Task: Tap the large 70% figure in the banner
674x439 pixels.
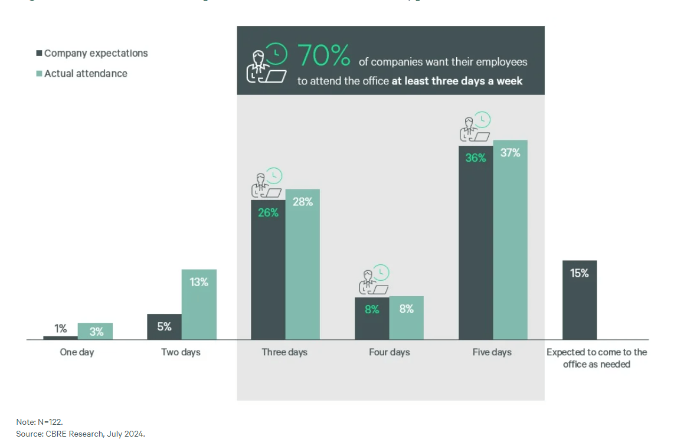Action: (x=324, y=56)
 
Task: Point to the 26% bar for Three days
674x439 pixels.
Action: (x=267, y=270)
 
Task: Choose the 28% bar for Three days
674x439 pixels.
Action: (x=302, y=264)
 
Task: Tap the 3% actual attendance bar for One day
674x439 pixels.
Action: (x=95, y=332)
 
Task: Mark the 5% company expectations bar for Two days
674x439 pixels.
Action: (x=164, y=327)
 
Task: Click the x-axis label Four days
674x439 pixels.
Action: (x=389, y=352)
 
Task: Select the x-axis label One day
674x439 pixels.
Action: (x=77, y=352)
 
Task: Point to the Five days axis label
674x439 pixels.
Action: (x=492, y=352)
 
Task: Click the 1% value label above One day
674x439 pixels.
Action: (x=61, y=329)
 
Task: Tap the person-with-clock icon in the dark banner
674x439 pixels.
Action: (x=266, y=63)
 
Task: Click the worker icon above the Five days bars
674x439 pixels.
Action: (x=476, y=127)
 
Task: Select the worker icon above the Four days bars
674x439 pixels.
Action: (x=374, y=280)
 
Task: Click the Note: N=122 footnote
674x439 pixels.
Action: (x=40, y=422)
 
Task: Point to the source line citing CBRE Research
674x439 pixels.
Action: (x=80, y=434)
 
